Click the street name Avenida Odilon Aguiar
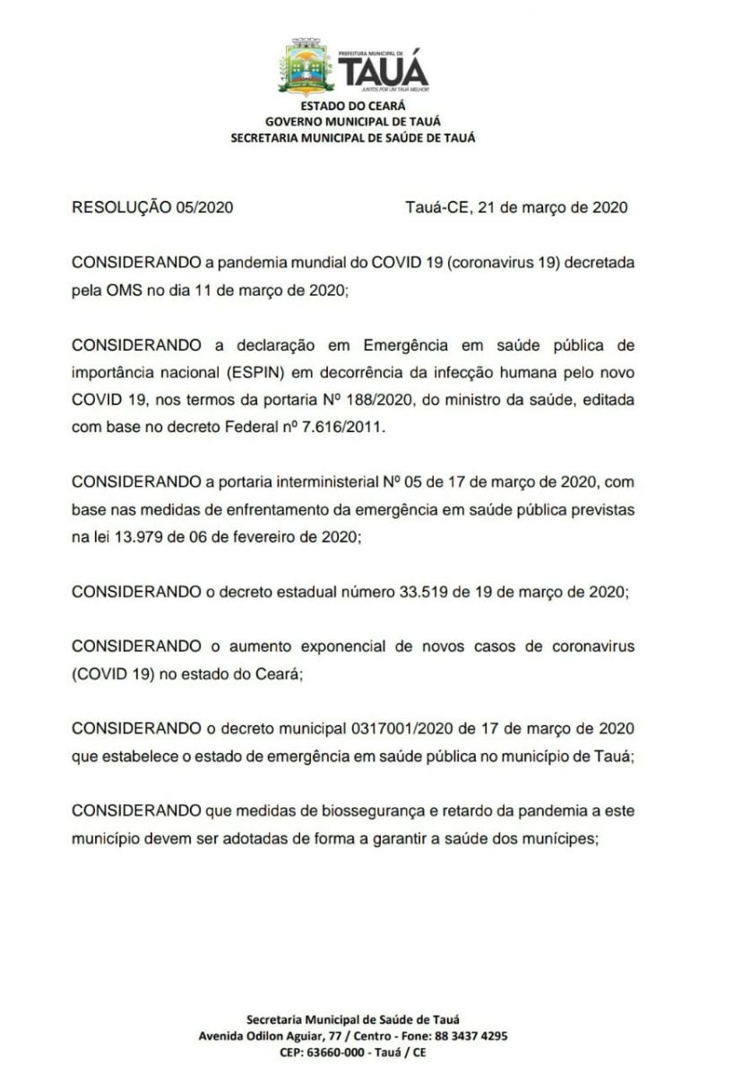[254, 1036]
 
